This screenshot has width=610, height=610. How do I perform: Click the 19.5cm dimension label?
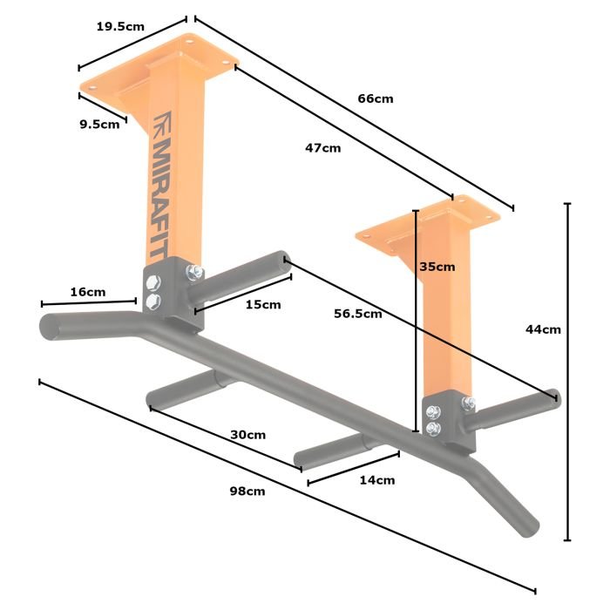120,26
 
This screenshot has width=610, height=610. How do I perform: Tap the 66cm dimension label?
376,98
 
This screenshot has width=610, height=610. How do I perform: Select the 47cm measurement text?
323,148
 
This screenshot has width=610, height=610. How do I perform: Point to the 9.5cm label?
99,125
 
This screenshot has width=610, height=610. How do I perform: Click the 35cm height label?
437,267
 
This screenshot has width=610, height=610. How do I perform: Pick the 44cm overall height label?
543,329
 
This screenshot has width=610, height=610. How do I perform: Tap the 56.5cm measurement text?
358,314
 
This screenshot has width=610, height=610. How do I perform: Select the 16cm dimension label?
88,292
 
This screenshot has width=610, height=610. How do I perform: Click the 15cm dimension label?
263,305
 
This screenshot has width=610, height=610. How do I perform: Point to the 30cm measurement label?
247,435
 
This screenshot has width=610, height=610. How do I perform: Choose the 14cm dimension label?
377,480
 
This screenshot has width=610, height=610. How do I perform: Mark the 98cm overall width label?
247,491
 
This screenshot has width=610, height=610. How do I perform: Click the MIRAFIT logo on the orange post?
159,198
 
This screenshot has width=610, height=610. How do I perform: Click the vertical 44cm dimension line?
567,371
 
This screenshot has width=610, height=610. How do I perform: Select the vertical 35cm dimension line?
416,321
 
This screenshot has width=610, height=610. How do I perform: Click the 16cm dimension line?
89,302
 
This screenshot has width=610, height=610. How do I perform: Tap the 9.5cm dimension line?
103,107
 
